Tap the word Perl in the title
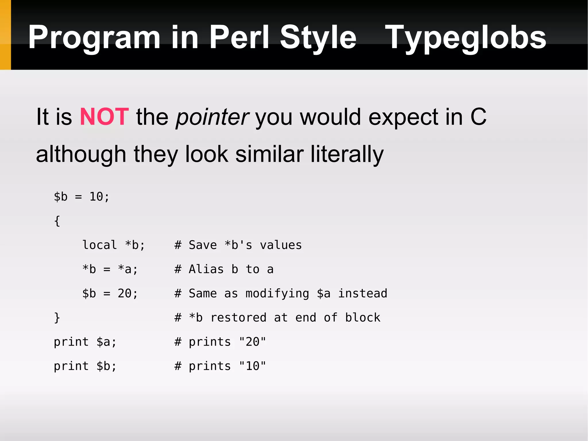point(239,37)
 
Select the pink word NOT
point(104,117)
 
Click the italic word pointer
point(212,117)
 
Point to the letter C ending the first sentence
point(478,117)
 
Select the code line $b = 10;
point(82,197)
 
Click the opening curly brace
point(57,221)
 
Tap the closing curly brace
point(57,318)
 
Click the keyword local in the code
point(99,245)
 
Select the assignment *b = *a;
point(110,269)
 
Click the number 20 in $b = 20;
point(125,294)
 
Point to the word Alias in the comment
point(206,269)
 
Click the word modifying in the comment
point(277,294)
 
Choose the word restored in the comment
point(238,318)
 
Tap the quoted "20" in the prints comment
point(252,342)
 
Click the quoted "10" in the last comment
point(252,366)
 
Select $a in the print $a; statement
point(103,342)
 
